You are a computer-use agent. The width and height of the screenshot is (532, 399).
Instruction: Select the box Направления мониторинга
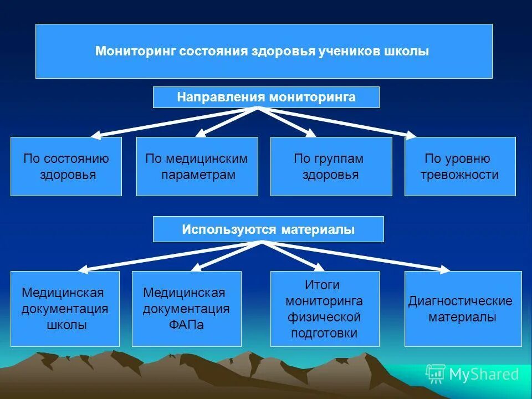[266, 98]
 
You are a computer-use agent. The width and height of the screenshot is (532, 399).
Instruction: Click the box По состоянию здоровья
[66, 166]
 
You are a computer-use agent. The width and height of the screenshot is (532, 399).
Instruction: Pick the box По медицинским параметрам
[197, 166]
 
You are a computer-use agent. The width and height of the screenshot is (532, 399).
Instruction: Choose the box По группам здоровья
[331, 166]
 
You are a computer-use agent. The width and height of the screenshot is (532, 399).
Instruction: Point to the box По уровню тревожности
[460, 166]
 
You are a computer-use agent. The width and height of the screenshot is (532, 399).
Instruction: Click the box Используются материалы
[268, 229]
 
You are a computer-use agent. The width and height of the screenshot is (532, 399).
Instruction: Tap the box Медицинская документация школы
[65, 309]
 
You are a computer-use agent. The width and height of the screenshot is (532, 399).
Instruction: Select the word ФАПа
[186, 325]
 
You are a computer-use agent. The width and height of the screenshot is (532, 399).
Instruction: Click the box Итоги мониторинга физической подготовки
[324, 309]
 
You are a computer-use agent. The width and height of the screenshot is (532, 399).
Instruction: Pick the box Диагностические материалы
[463, 309]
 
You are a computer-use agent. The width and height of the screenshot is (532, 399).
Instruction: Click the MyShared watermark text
[483, 375]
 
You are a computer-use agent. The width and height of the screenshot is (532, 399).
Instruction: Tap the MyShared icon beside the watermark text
[435, 374]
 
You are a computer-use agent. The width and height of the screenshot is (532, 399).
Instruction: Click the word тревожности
[459, 175]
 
